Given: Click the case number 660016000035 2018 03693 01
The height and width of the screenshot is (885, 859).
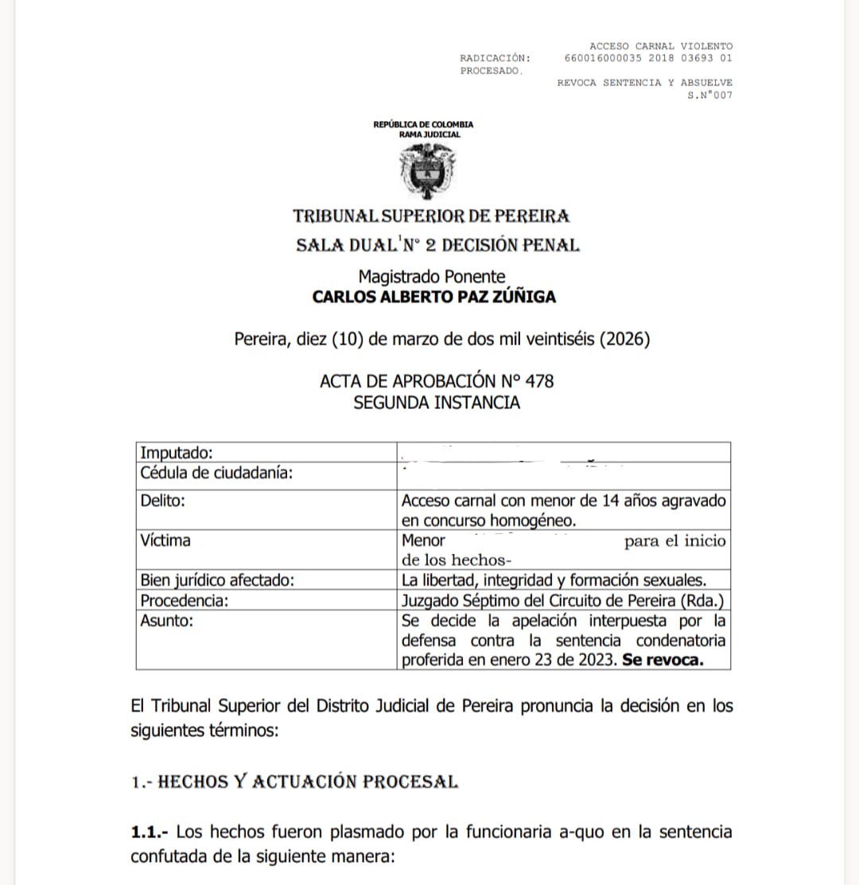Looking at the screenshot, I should (x=648, y=58).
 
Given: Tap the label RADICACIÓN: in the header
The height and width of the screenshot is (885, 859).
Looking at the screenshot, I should (x=495, y=58).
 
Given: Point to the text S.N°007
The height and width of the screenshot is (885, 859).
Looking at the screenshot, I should (x=709, y=96).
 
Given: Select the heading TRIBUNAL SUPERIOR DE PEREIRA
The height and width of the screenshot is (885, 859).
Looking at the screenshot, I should (x=431, y=216).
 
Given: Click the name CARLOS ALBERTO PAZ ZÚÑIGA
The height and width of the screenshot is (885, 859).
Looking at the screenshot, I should (x=433, y=297).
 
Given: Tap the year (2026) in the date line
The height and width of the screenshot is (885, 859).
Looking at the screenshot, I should (x=623, y=339).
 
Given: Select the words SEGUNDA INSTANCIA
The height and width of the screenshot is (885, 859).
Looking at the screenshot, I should (x=437, y=402).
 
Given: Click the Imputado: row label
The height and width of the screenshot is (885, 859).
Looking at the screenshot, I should (x=177, y=454).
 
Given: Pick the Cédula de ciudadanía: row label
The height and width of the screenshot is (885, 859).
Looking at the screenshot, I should (x=216, y=474).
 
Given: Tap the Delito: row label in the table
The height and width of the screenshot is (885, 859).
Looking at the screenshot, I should (x=162, y=501).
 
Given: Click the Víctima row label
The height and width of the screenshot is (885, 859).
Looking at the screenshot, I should (x=165, y=540).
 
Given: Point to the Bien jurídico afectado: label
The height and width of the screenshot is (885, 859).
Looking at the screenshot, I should (x=217, y=580).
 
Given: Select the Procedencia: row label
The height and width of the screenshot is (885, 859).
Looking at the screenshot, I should (x=184, y=601).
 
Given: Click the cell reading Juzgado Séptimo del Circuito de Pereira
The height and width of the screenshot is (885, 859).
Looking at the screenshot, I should (x=562, y=601).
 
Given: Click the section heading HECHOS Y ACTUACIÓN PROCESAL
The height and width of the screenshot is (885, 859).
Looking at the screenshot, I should (x=308, y=782).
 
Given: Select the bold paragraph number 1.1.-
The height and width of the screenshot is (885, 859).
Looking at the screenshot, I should (x=150, y=832).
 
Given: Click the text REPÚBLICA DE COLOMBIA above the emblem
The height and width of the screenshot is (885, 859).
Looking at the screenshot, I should (x=423, y=124).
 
